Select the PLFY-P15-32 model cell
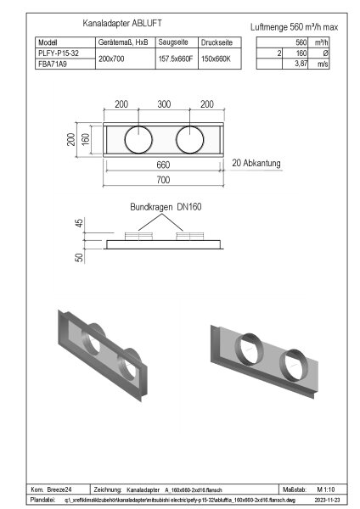coord(59,53)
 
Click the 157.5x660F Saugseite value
coord(175,58)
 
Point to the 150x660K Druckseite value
coord(217,58)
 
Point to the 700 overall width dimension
coord(164,180)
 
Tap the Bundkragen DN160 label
coord(165,206)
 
